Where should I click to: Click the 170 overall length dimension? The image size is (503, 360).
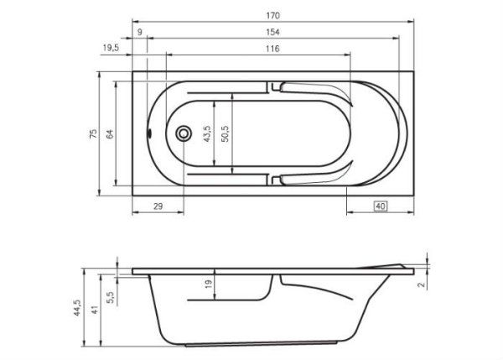point(273,16)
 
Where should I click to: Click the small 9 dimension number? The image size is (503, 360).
point(139,32)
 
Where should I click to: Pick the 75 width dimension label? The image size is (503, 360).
point(95,133)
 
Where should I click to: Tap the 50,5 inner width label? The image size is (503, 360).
point(226,133)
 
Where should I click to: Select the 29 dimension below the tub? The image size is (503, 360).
point(157,206)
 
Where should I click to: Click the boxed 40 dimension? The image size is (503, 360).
point(380,206)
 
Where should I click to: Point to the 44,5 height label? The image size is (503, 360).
point(77,309)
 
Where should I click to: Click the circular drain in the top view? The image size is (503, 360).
point(183,133)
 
